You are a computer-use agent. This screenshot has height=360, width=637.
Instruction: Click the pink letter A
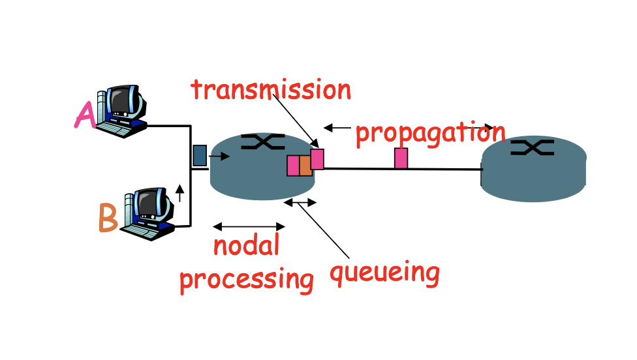click(85, 116)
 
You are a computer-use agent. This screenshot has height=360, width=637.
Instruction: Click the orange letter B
click(108, 218)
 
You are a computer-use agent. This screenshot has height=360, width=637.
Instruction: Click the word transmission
click(271, 90)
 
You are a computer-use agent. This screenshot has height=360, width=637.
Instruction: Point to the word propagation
click(430, 133)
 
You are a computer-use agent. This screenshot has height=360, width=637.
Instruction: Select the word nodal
click(247, 246)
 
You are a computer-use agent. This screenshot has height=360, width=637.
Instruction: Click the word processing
click(247, 278)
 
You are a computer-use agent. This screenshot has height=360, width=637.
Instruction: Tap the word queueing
click(384, 272)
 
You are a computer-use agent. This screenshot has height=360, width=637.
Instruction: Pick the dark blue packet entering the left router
click(200, 155)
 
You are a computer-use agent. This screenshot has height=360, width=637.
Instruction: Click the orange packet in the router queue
click(305, 166)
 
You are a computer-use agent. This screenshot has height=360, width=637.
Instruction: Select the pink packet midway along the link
click(401, 158)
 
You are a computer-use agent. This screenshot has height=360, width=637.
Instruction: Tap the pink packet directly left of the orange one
click(293, 166)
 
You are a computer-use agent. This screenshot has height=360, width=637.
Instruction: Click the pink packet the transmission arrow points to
click(317, 159)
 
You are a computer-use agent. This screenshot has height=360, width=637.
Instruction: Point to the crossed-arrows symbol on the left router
click(263, 142)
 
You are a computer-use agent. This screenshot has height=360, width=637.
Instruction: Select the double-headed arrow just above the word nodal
click(249, 227)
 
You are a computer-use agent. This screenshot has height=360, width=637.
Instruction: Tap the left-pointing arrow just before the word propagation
click(337, 128)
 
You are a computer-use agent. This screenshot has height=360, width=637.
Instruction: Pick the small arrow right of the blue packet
click(219, 157)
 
